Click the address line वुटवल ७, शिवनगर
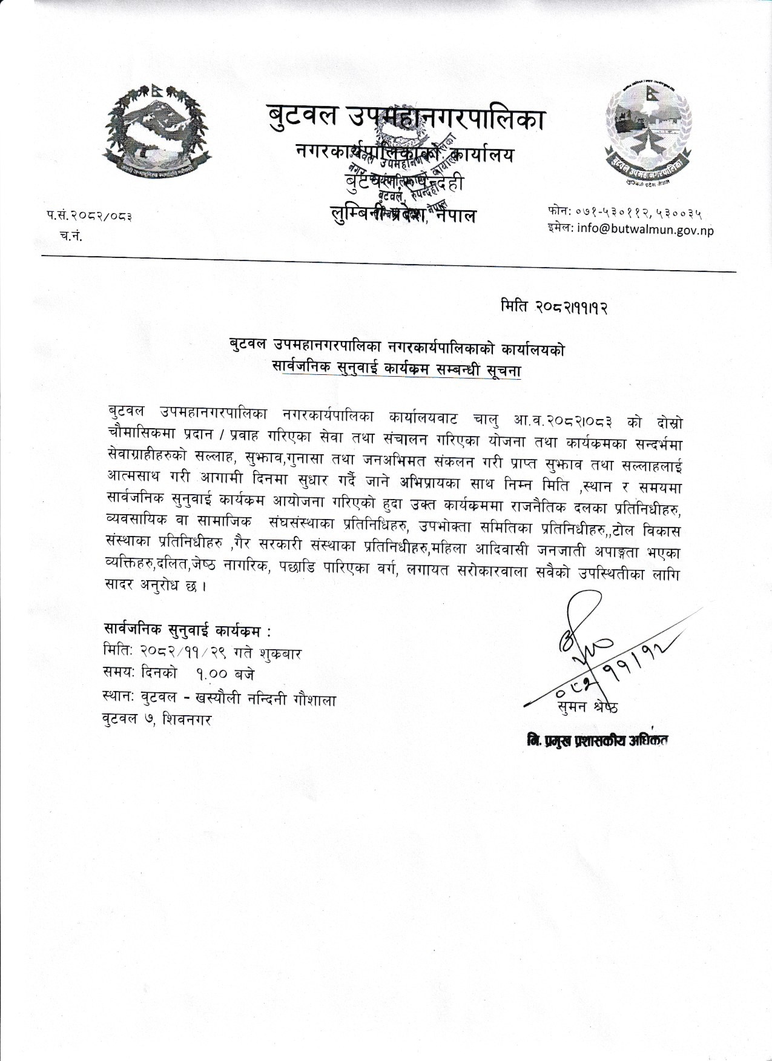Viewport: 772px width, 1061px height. pyautogui.click(x=158, y=721)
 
